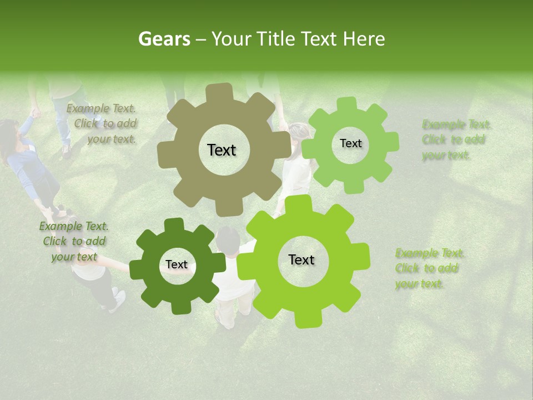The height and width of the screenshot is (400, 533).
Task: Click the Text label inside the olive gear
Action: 222,150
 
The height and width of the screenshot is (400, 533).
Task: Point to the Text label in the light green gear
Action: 350,143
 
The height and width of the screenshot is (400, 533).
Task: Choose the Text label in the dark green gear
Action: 177,265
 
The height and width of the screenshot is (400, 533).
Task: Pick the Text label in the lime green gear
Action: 301,260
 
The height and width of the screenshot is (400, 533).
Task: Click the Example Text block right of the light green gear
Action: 456,139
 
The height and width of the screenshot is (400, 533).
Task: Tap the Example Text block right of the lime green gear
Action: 429,268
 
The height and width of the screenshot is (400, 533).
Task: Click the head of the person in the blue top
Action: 9,133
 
